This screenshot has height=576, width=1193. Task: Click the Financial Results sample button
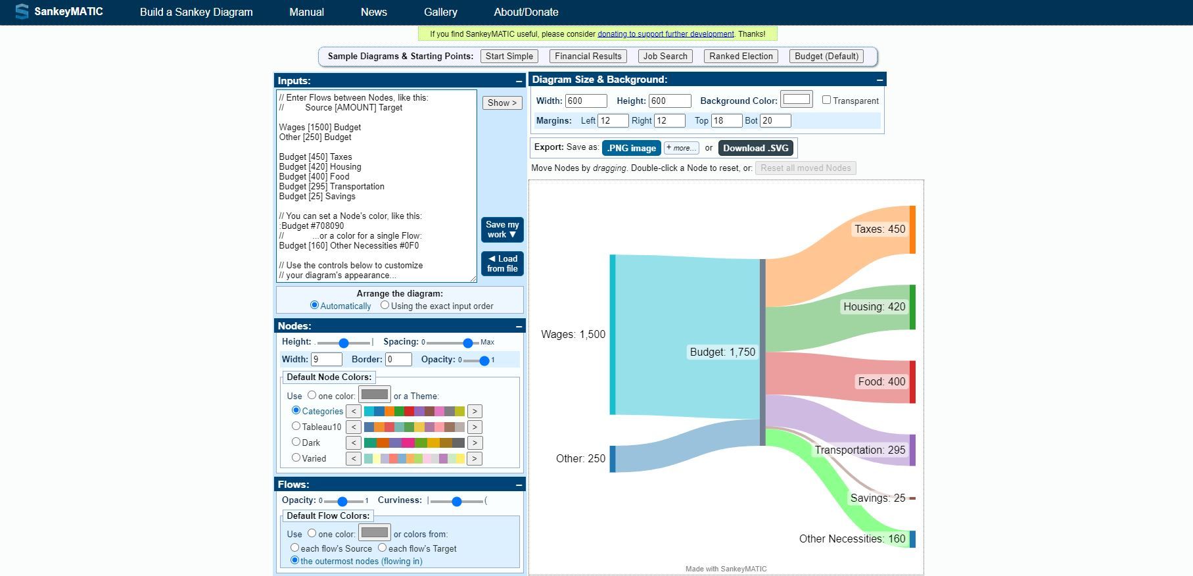click(x=588, y=57)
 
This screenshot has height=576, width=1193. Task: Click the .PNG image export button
click(x=631, y=148)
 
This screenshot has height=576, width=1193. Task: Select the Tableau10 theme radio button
click(x=296, y=426)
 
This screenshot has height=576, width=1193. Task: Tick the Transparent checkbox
click(x=826, y=100)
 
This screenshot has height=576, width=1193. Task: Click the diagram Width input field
click(x=586, y=101)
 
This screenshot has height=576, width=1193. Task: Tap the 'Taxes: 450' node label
click(x=879, y=229)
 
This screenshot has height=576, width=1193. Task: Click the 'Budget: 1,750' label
click(x=722, y=352)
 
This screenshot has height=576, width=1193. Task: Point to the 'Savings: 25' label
click(x=877, y=498)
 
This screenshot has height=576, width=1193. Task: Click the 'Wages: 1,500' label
click(x=573, y=334)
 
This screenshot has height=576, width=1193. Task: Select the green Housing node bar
click(x=912, y=307)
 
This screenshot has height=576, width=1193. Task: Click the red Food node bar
click(x=912, y=381)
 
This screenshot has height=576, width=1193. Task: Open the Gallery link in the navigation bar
click(x=440, y=12)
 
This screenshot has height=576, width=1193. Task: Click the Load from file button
click(x=502, y=264)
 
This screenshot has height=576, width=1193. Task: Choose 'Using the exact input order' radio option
click(x=385, y=305)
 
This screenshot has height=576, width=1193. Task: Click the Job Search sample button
click(x=665, y=57)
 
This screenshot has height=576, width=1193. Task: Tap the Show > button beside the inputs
click(x=502, y=103)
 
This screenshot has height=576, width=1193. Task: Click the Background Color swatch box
click(x=796, y=99)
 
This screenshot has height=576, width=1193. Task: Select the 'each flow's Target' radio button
click(x=382, y=548)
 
